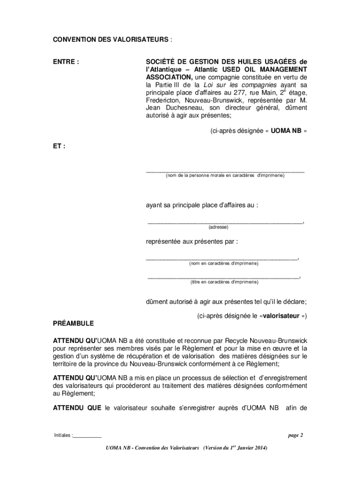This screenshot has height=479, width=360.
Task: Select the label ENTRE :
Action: (x=65, y=62)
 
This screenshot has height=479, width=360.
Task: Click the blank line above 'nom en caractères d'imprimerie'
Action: (x=222, y=259)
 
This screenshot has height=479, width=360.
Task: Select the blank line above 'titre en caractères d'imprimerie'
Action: (x=223, y=278)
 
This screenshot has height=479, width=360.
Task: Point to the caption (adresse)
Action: (x=218, y=227)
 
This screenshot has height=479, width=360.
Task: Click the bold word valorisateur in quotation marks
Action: (x=281, y=316)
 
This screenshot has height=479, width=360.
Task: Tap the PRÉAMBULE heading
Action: (x=73, y=323)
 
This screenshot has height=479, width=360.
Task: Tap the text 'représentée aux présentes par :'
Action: (x=192, y=242)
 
